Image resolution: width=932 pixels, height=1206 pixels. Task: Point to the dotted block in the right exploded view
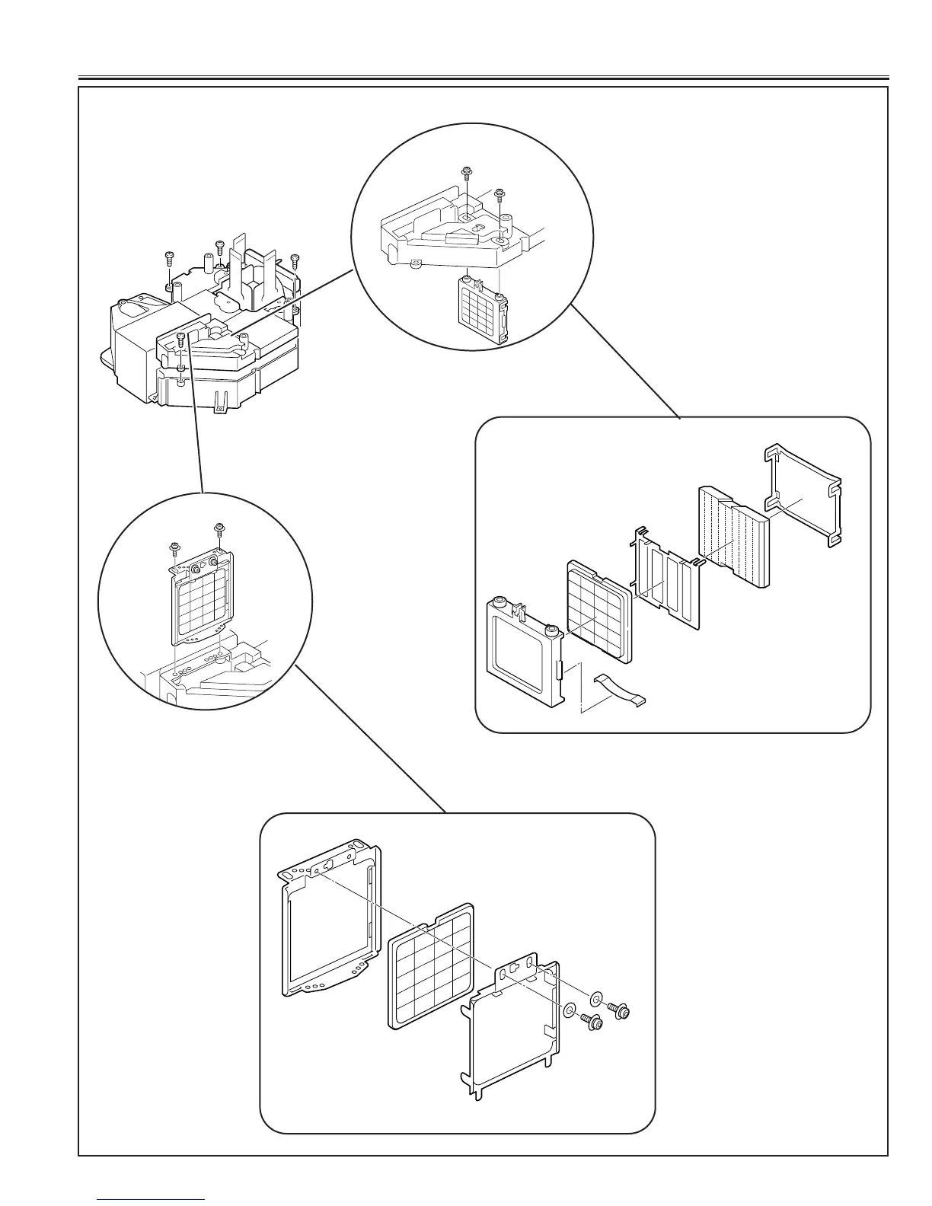tap(734, 538)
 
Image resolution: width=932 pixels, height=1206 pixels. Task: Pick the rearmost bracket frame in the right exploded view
tap(804, 495)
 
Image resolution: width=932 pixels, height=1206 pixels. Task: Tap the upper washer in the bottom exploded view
tap(596, 998)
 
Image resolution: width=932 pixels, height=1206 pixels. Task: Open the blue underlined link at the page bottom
tap(151, 1198)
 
